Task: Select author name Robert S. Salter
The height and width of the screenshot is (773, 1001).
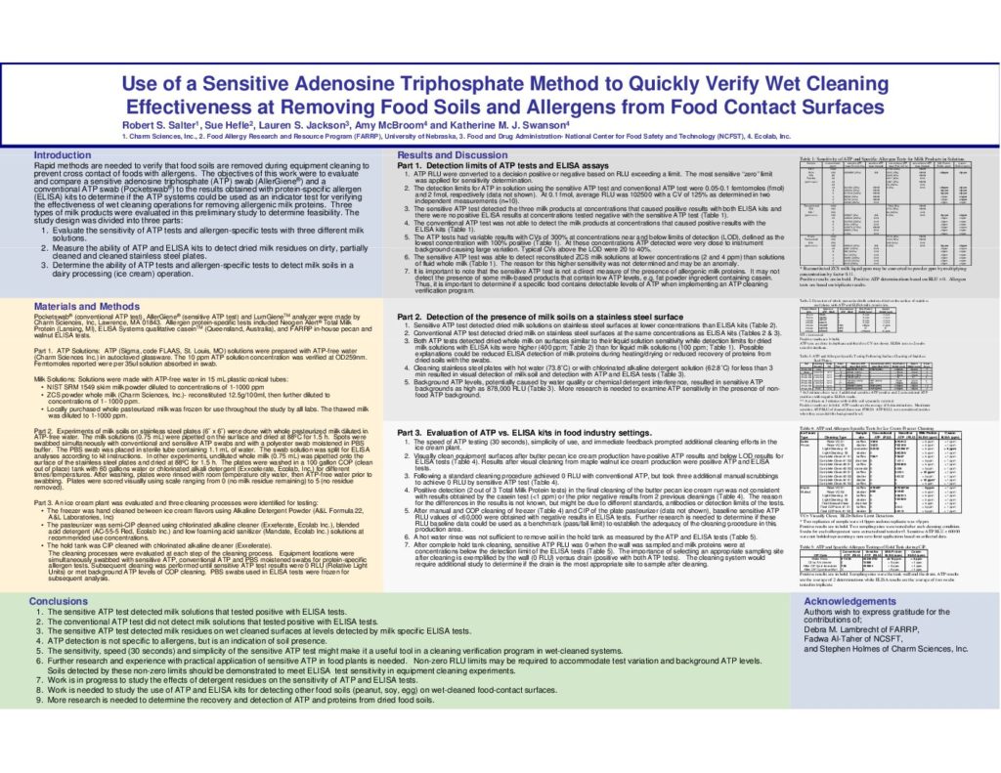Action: point(161,126)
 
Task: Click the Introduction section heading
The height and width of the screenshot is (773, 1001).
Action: point(63,155)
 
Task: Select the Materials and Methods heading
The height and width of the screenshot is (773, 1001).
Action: point(86,307)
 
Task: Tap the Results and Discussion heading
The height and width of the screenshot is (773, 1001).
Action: point(453,155)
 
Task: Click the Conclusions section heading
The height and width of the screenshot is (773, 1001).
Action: point(59,600)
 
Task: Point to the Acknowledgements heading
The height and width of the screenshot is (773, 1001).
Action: point(849,600)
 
